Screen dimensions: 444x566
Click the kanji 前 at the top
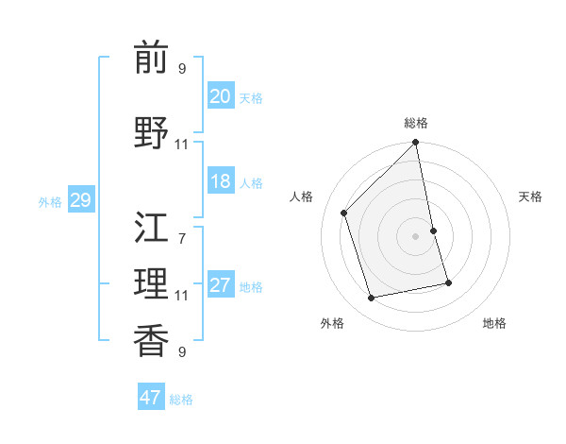(151, 58)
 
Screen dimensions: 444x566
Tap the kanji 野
(151, 133)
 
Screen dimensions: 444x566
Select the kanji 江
(151, 228)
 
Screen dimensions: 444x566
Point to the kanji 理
(151, 283)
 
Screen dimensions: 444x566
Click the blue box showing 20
(221, 96)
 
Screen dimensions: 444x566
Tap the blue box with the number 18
(221, 181)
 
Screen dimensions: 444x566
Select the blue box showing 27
(221, 285)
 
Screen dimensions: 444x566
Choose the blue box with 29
(80, 200)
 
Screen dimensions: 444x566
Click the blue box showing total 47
(151, 398)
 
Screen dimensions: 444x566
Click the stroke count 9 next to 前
(182, 68)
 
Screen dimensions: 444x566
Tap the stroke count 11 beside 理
(181, 296)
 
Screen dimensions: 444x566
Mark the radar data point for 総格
(415, 143)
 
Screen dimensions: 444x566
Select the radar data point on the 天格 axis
(433, 231)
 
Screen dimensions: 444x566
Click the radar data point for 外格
(371, 298)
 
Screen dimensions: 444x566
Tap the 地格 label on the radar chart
(494, 323)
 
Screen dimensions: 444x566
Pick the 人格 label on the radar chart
(302, 196)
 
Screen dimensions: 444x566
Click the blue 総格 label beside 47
(181, 400)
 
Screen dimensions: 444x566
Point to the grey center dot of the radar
(415, 236)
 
